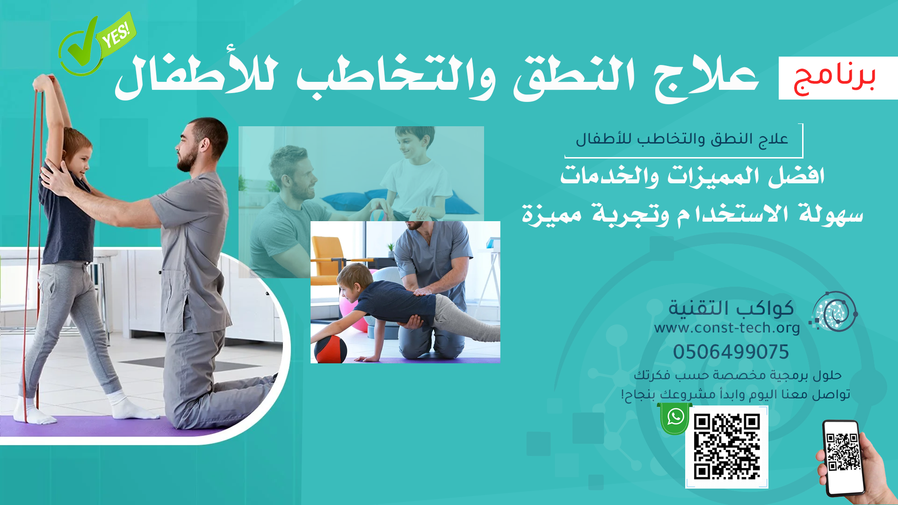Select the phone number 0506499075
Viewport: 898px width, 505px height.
pyautogui.click(x=731, y=352)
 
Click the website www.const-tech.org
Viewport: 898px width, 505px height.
pyautogui.click(x=727, y=328)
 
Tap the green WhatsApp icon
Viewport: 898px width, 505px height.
pyautogui.click(x=675, y=418)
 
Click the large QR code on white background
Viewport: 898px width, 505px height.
pyautogui.click(x=727, y=447)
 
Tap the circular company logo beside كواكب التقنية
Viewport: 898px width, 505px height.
pyautogui.click(x=834, y=312)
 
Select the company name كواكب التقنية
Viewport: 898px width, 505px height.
pyautogui.click(x=731, y=308)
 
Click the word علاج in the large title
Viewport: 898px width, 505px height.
pyautogui.click(x=707, y=77)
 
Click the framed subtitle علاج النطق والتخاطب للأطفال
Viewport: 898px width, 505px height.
pyautogui.click(x=682, y=139)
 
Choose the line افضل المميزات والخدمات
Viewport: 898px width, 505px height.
pyautogui.click(x=692, y=176)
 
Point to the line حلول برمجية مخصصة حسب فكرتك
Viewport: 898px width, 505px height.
pyautogui.click(x=738, y=375)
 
